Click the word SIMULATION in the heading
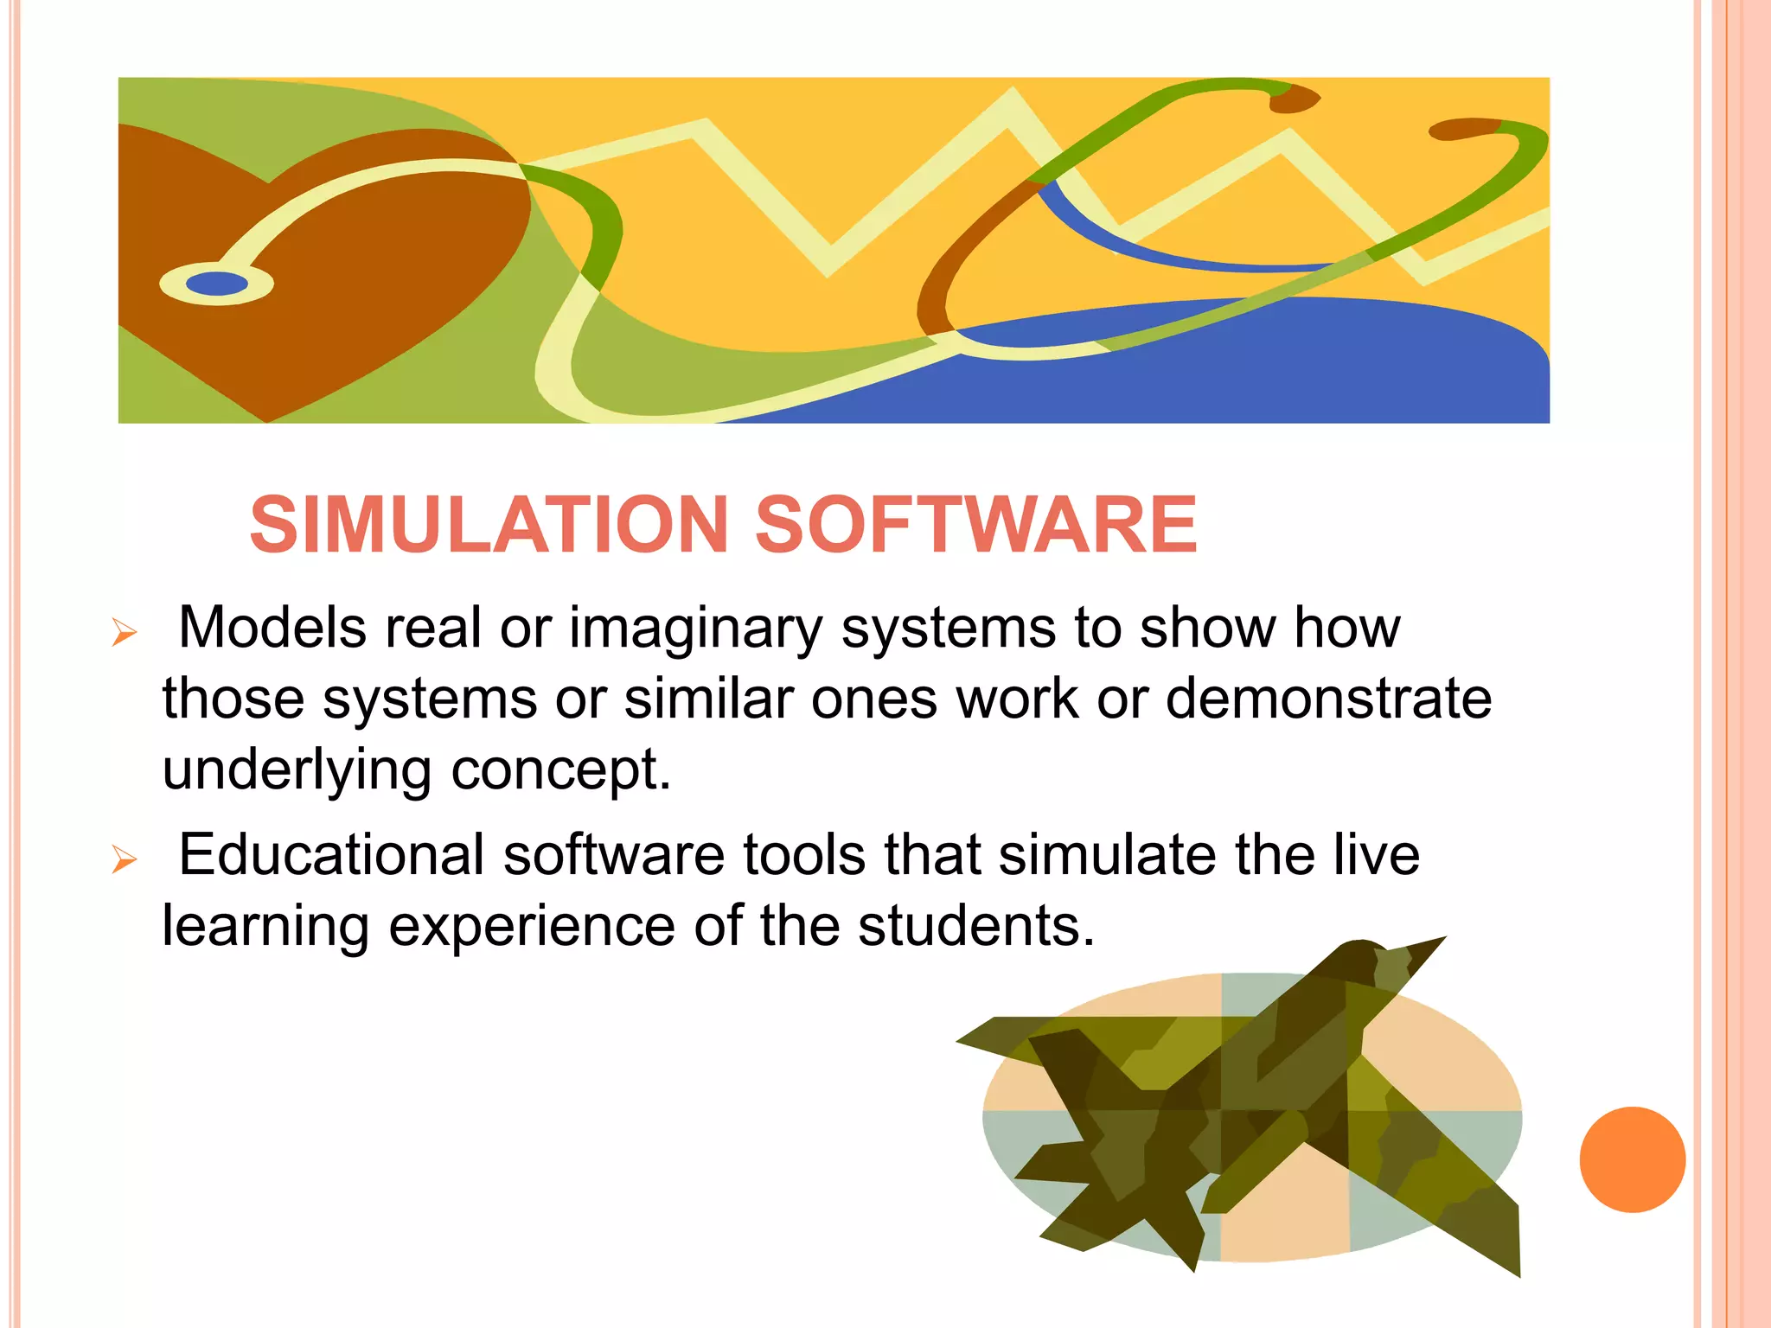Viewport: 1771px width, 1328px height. pyautogui.click(x=489, y=525)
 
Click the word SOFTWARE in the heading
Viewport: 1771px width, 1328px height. pyautogui.click(x=976, y=525)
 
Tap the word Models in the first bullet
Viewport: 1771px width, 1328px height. pyautogui.click(x=272, y=627)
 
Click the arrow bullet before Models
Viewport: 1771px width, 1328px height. pyautogui.click(x=125, y=634)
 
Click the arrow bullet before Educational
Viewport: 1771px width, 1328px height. pyautogui.click(x=125, y=860)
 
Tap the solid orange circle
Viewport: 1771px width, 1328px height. pyautogui.click(x=1632, y=1159)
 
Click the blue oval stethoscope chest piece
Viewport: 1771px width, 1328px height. pyautogui.click(x=217, y=284)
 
